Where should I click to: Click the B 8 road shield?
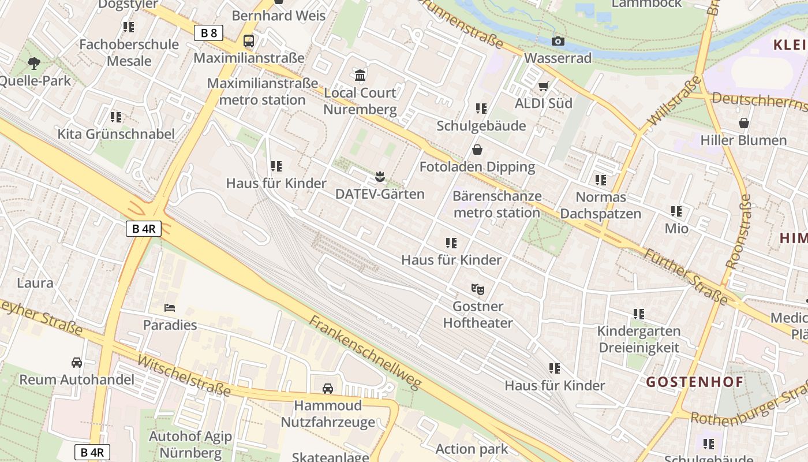[x=208, y=33]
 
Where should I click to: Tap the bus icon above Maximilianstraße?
[x=249, y=41]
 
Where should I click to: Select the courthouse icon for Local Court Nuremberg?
[x=361, y=75]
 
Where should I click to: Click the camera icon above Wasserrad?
[x=558, y=41]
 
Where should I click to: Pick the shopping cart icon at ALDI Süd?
[x=543, y=87]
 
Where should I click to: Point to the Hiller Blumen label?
[x=743, y=140]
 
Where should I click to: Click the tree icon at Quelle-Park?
[x=34, y=63]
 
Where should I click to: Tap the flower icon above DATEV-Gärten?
[x=380, y=176]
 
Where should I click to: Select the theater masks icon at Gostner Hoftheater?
[x=477, y=288]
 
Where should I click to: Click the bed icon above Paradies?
[x=170, y=307]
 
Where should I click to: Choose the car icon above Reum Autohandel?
[x=76, y=363]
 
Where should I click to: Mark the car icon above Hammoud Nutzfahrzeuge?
[x=328, y=388]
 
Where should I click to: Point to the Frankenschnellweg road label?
[x=365, y=352]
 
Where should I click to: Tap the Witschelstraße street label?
[x=184, y=375]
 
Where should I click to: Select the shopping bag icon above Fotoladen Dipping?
[x=477, y=150]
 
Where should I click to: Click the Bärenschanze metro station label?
[x=497, y=204]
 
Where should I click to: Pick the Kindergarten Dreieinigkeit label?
[x=638, y=340]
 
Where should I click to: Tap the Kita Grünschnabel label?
[x=116, y=134]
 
